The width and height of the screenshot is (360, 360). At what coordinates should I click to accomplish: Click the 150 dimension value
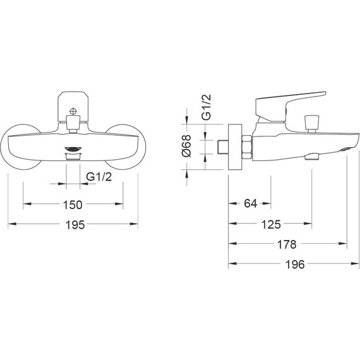tap(73, 205)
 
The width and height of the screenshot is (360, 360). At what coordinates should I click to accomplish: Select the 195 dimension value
tap(75, 225)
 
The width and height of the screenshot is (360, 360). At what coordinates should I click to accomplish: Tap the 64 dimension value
tap(250, 203)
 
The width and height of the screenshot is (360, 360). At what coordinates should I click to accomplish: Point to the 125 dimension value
tap(271, 224)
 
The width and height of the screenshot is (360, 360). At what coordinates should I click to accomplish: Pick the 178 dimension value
tap(287, 244)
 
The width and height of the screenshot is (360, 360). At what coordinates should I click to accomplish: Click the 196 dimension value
tap(295, 264)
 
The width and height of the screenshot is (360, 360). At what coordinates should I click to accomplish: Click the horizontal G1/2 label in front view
tap(99, 177)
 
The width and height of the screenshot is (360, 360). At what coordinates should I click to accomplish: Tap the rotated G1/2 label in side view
tap(206, 107)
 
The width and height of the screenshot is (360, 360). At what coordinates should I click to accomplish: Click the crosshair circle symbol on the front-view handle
tap(73, 111)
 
